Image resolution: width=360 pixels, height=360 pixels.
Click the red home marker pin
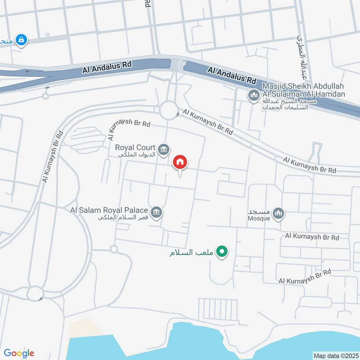pos(180,162)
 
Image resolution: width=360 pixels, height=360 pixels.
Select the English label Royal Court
pos(135,147)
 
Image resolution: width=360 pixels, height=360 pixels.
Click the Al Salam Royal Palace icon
pos(156,211)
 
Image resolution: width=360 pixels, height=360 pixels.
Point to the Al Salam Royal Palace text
pos(109,210)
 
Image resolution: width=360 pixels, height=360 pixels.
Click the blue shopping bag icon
pos(21,40)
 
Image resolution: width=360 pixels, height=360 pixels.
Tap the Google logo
pos(19,353)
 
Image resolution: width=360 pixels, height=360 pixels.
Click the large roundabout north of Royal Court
pos(169,110)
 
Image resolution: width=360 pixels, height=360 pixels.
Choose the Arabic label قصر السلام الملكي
pos(123,218)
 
